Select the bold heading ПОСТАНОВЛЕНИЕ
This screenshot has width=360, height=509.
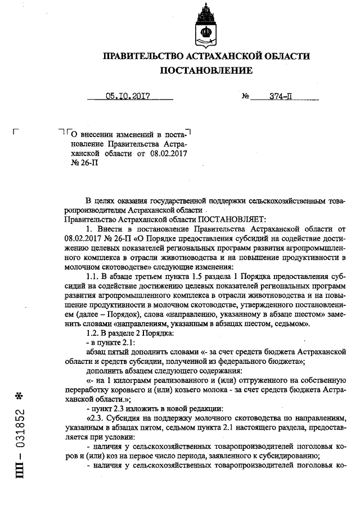pos(206,71)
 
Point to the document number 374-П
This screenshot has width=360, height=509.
pos(280,96)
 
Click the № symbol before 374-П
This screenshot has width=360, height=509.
pos(245,97)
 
